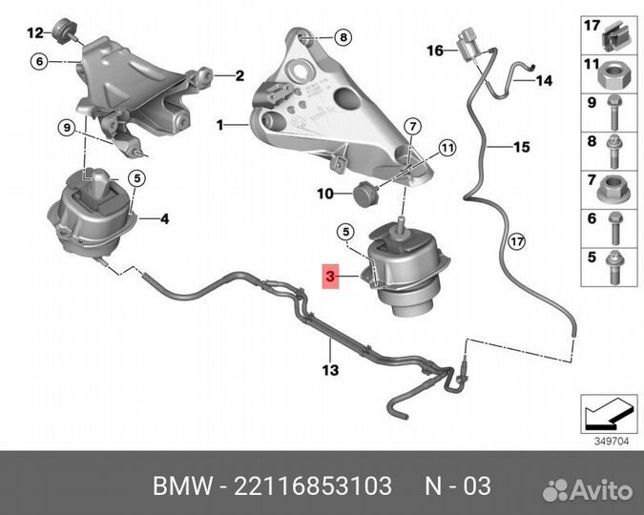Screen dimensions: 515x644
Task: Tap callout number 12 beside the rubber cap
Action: pyautogui.click(x=35, y=31)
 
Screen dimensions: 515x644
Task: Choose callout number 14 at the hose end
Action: pyautogui.click(x=544, y=82)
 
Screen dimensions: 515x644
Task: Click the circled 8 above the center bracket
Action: pyautogui.click(x=343, y=38)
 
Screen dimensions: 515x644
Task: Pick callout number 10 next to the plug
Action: pyautogui.click(x=325, y=194)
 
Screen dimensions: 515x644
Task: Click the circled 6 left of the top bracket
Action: pyautogui.click(x=38, y=61)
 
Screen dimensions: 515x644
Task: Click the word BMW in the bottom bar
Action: pyautogui.click(x=186, y=487)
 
